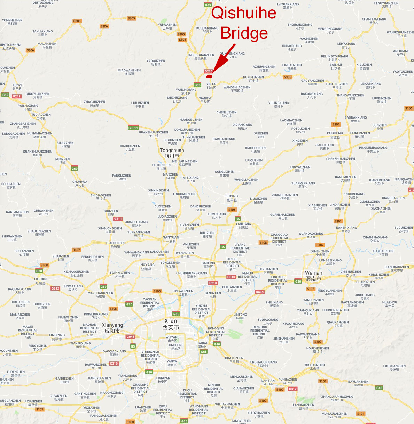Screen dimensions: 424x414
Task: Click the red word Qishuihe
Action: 243,13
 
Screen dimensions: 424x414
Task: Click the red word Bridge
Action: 244,33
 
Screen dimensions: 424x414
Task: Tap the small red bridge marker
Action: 209,76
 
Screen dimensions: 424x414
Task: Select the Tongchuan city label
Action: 172,153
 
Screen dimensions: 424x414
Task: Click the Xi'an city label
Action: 171,324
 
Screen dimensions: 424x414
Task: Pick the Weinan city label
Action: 313,276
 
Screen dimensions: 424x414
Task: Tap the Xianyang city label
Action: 112,328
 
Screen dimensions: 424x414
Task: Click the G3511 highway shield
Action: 133,128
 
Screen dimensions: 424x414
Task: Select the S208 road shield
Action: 113,309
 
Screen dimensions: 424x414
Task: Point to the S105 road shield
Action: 157,291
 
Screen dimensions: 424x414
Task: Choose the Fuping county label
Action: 232,198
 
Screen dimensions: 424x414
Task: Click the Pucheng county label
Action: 335,135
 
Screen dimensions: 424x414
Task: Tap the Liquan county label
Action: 40,281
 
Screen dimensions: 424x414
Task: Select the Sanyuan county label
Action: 171,239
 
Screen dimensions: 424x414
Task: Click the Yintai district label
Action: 211,86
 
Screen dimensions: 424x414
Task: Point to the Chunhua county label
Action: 80,184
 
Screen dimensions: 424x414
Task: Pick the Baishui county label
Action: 336,66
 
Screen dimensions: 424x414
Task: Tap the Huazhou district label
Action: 390,304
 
